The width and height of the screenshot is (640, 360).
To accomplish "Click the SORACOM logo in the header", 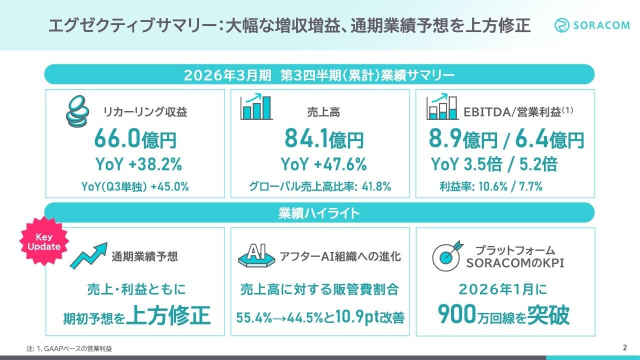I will point(592,25).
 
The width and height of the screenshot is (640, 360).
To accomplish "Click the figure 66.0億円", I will point(135,139).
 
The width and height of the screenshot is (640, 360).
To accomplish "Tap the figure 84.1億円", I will point(324,139).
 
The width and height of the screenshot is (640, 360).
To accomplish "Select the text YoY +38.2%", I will point(138,164).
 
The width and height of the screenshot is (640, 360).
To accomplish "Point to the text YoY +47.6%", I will point(323,164).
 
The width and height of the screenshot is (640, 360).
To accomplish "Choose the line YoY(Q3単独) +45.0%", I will point(135,187).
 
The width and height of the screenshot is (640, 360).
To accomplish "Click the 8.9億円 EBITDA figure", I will point(463,139).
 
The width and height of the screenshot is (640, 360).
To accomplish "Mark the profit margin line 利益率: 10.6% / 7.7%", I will point(491,187).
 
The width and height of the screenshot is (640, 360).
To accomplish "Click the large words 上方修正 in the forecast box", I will point(168,316).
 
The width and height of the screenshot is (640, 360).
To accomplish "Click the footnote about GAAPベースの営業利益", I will point(69,348).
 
